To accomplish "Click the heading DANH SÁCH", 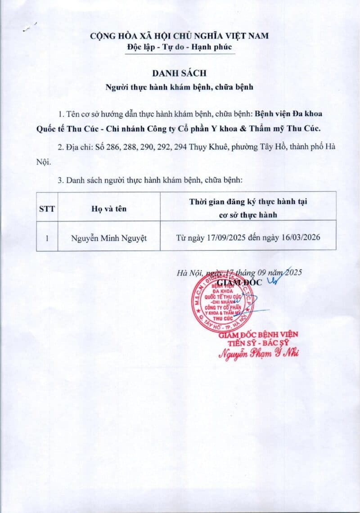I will click(x=180, y=73).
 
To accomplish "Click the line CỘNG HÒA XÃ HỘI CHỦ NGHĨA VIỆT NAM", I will click(x=180, y=36).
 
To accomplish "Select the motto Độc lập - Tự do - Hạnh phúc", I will click(x=180, y=47).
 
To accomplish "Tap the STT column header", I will click(x=47, y=208).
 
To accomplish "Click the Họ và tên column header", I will click(x=109, y=208).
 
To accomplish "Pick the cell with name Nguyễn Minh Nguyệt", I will click(x=109, y=237).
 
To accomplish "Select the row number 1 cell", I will click(x=47, y=237).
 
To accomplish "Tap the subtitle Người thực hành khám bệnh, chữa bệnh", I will click(x=180, y=87).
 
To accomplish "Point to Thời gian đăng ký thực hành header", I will click(x=248, y=202).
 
